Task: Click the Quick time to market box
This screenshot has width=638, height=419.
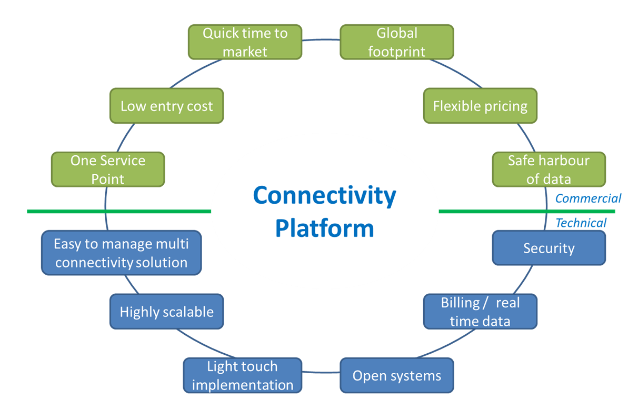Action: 245,42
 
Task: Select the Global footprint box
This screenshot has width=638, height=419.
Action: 397,42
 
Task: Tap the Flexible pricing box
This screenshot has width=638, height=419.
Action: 480,106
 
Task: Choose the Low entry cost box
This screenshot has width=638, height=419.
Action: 167,106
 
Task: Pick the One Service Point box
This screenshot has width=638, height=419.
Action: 108,169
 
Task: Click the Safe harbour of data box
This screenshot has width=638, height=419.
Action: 549,169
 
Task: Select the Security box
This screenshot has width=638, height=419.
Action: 549,248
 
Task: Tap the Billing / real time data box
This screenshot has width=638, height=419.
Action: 480,312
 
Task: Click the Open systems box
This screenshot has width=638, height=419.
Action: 397,375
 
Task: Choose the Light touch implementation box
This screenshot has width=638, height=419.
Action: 243,375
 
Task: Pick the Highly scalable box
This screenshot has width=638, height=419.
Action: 167,312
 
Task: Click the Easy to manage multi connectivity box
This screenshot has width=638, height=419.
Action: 122,253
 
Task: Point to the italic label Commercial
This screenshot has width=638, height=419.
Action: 588,198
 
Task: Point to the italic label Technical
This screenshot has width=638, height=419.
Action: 581,223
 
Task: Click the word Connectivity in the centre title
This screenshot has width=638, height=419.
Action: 325,196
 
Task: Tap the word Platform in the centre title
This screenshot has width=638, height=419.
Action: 325,228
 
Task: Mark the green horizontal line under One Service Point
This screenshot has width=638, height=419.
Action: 119,212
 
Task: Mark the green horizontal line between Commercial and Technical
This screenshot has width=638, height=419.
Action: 527,212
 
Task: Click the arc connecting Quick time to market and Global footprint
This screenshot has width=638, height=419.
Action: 321,39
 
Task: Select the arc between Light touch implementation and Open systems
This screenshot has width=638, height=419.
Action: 321,372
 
